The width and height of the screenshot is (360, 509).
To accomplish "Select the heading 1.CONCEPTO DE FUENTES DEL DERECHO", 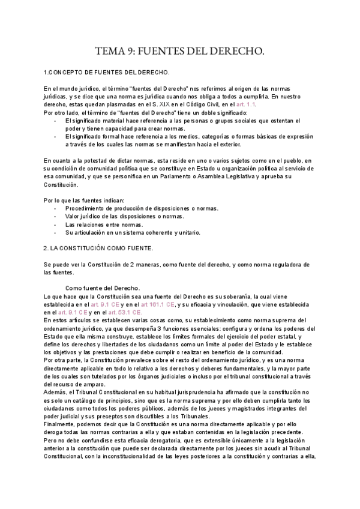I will (x=107, y=73).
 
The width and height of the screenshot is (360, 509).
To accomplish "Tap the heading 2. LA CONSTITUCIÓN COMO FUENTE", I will (x=99, y=247).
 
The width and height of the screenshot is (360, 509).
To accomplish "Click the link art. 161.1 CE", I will (x=158, y=305).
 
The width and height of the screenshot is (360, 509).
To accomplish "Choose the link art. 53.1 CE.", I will (x=125, y=313).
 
